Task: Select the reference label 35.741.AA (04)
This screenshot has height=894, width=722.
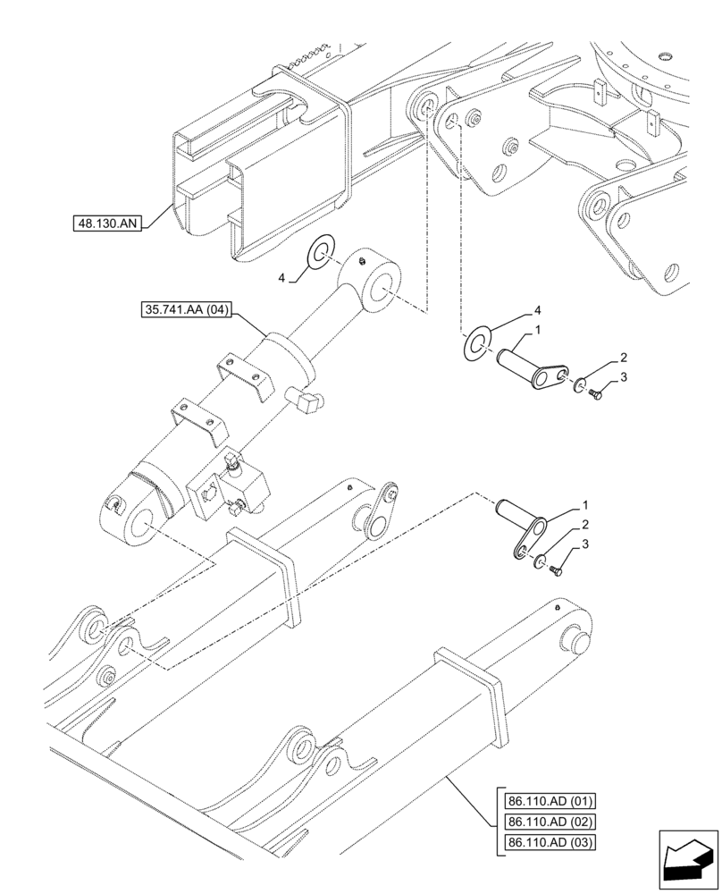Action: click(186, 311)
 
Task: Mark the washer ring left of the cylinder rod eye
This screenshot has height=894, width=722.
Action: click(320, 252)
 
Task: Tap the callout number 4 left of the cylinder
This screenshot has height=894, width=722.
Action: click(282, 279)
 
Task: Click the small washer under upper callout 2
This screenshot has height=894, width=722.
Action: click(581, 384)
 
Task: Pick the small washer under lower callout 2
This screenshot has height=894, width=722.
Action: click(538, 561)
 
